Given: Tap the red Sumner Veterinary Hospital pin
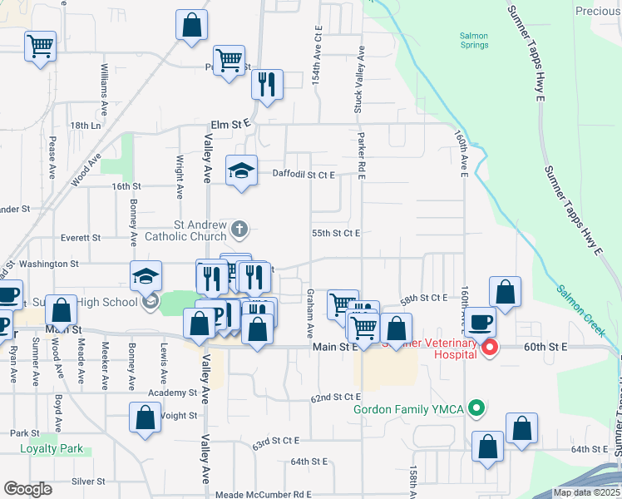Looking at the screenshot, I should coord(490,348).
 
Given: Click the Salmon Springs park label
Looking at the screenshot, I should coord(474,41).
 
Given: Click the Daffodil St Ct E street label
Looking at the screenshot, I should coord(304,175).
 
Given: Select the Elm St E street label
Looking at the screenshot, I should coord(230,124).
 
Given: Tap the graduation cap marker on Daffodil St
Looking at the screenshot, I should coord(241,170).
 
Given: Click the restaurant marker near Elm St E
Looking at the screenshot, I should coord(267,84).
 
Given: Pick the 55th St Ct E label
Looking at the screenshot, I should coord(335,234).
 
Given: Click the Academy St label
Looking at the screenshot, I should coord(172,393).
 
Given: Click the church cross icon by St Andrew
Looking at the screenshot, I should coord(239,228).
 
